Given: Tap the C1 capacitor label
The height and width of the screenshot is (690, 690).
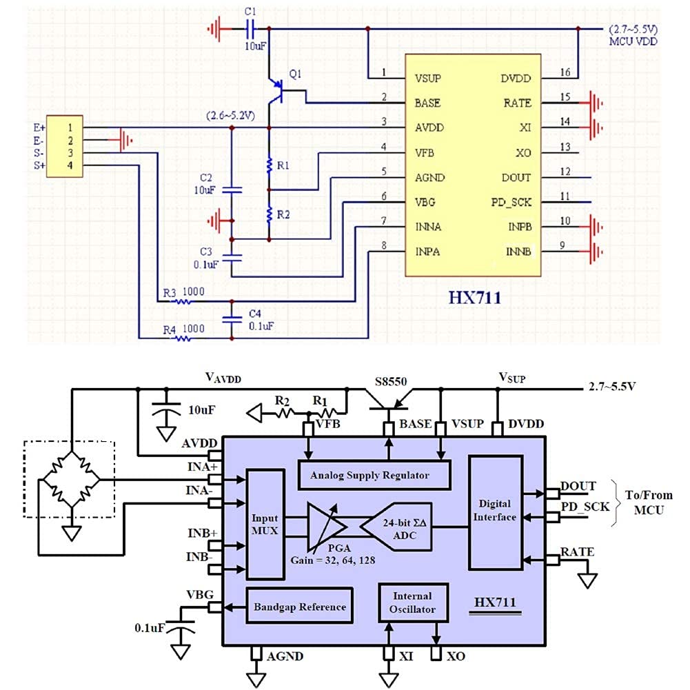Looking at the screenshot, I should [250, 12].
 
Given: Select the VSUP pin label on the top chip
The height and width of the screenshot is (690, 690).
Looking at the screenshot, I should [428, 79].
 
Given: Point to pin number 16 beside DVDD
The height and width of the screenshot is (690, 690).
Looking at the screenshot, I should [565, 72].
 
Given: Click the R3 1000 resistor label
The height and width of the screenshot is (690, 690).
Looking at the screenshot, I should [184, 292].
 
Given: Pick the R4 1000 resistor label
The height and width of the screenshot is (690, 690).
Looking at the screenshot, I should [184, 329].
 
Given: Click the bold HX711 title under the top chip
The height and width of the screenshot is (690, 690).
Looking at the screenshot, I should [475, 298].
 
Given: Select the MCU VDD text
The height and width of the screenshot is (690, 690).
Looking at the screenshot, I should [633, 42].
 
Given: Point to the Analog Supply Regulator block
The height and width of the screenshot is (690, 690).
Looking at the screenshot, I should [374, 474].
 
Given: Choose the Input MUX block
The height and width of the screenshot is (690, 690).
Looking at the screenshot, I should [265, 524].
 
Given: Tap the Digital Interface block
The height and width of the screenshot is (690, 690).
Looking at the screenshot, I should [495, 512].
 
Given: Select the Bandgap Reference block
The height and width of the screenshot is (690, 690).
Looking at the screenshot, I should [299, 606].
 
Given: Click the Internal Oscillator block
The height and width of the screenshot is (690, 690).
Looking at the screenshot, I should [412, 602].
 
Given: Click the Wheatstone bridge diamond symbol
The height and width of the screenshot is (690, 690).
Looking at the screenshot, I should [70, 479].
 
